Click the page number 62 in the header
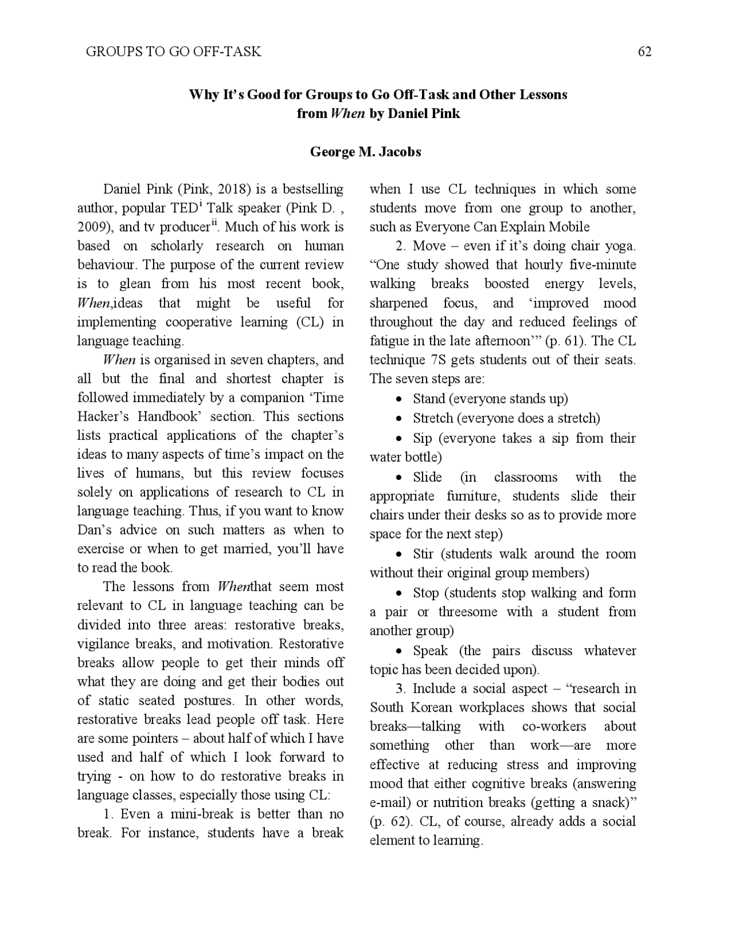click(644, 52)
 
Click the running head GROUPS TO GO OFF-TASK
click(174, 52)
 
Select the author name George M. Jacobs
click(365, 152)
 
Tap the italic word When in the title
click(348, 114)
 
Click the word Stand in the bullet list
click(429, 399)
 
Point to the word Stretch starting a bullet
click(433, 418)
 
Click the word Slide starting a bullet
click(427, 477)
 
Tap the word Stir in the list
click(423, 554)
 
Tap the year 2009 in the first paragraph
click(93, 227)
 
